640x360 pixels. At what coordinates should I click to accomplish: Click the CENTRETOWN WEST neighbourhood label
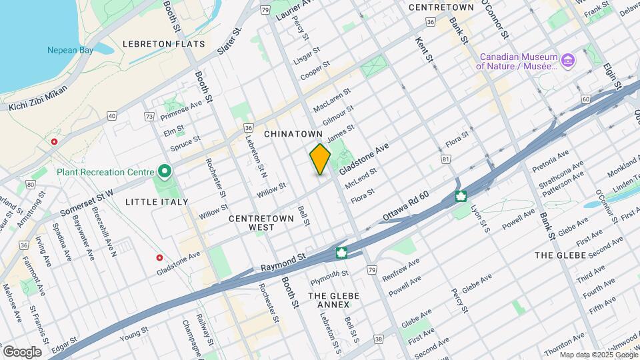252,223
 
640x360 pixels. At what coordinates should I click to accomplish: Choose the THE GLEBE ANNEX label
333,300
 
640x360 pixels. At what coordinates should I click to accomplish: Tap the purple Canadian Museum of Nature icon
567,62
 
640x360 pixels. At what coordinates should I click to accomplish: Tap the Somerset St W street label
87,202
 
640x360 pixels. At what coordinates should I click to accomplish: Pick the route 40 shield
112,116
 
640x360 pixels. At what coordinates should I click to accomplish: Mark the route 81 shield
445,159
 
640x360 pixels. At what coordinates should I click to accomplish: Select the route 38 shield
379,339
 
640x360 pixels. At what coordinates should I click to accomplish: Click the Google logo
22,351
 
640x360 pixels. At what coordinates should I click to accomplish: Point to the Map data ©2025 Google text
598,354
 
